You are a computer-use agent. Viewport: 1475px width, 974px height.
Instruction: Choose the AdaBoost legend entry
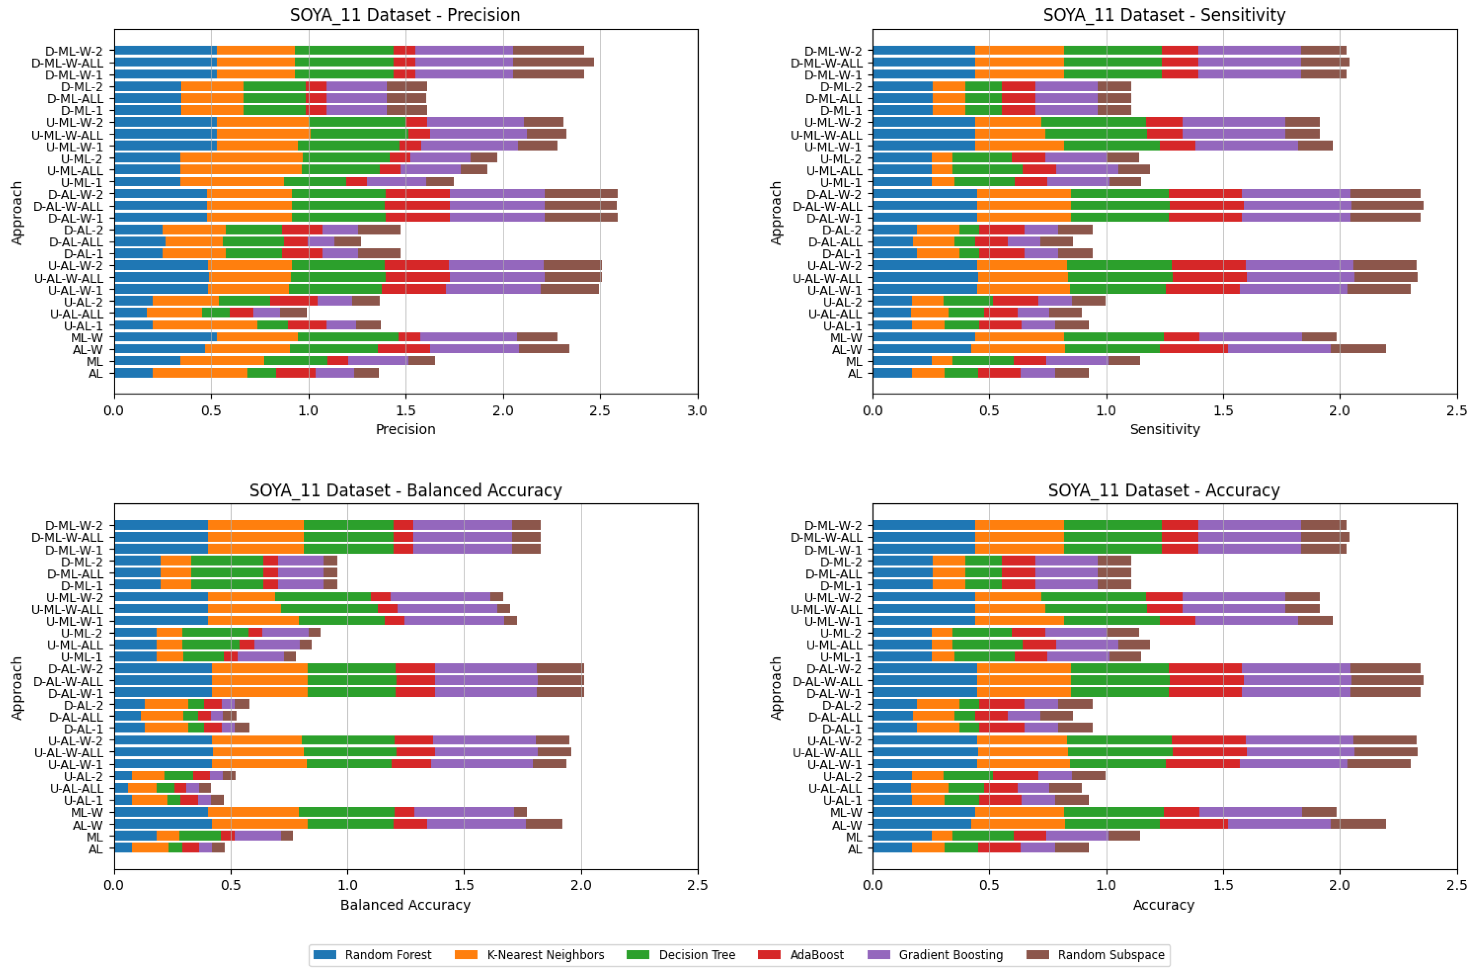click(x=817, y=955)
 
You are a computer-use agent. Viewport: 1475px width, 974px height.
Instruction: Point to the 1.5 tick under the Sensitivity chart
click(x=1223, y=411)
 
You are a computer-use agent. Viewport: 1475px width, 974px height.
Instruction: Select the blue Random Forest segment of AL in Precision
click(x=134, y=373)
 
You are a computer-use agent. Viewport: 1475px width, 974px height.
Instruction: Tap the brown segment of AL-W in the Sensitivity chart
click(x=1357, y=349)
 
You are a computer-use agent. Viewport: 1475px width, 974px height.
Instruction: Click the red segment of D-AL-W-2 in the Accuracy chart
click(x=1204, y=669)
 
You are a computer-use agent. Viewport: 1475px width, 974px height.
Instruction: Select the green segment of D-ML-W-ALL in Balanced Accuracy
click(x=348, y=537)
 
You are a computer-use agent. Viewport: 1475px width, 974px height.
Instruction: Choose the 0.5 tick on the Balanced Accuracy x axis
click(x=231, y=885)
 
